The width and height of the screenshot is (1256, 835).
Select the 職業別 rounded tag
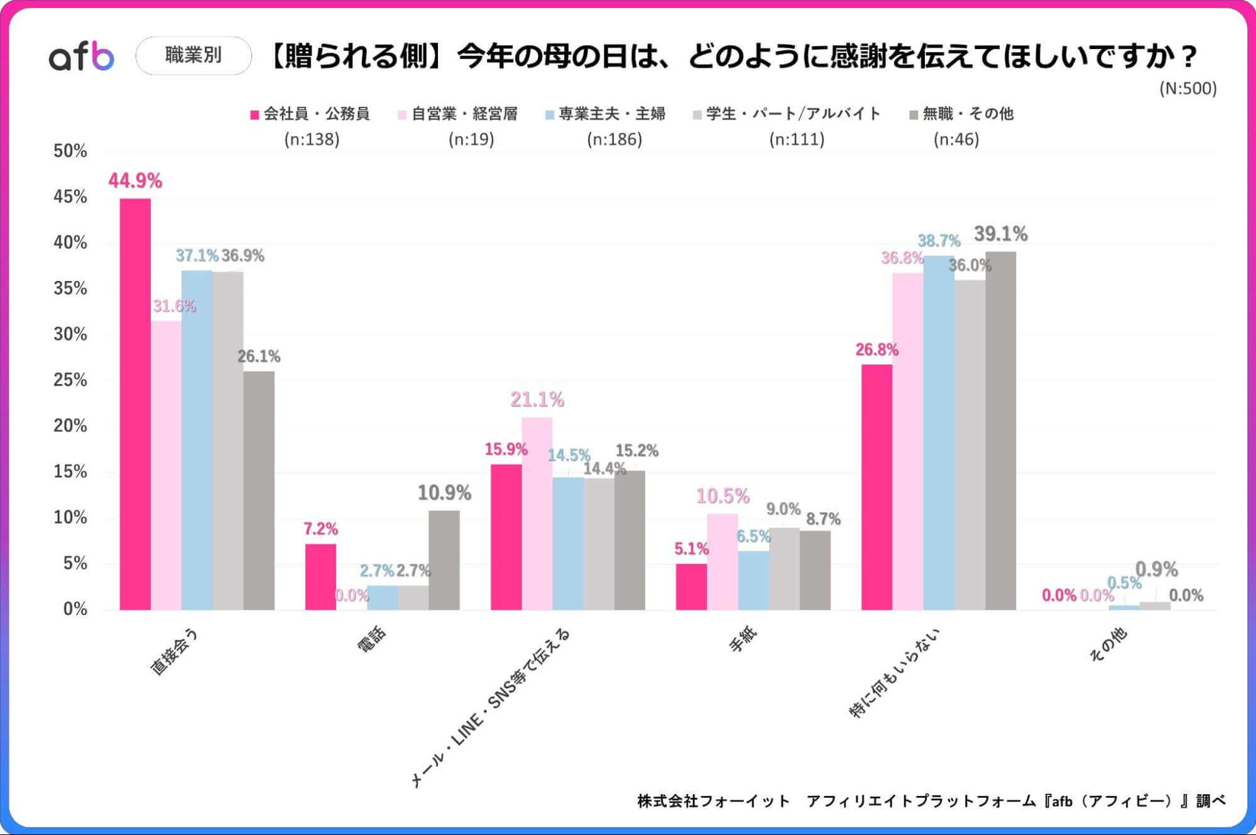194,55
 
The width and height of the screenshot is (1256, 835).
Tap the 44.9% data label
135,181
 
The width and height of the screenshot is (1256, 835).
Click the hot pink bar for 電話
320,577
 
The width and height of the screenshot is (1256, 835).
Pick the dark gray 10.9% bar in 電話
444,560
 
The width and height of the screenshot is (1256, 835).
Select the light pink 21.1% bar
537,513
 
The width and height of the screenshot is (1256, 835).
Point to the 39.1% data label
1000,234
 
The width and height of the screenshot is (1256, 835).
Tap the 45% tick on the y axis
70,197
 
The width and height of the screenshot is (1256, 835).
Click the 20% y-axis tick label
70,426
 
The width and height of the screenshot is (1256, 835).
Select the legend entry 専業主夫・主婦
611,114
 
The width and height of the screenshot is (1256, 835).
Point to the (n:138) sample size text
312,139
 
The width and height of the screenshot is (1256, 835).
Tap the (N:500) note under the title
1188,88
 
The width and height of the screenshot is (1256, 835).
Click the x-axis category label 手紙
743,639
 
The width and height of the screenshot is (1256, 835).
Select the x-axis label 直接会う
174,652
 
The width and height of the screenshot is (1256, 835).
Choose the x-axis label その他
1108,644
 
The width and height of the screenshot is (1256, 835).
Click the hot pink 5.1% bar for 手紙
691,586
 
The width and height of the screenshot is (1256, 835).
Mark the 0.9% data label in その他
1156,570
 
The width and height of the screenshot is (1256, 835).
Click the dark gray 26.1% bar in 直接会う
259,490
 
